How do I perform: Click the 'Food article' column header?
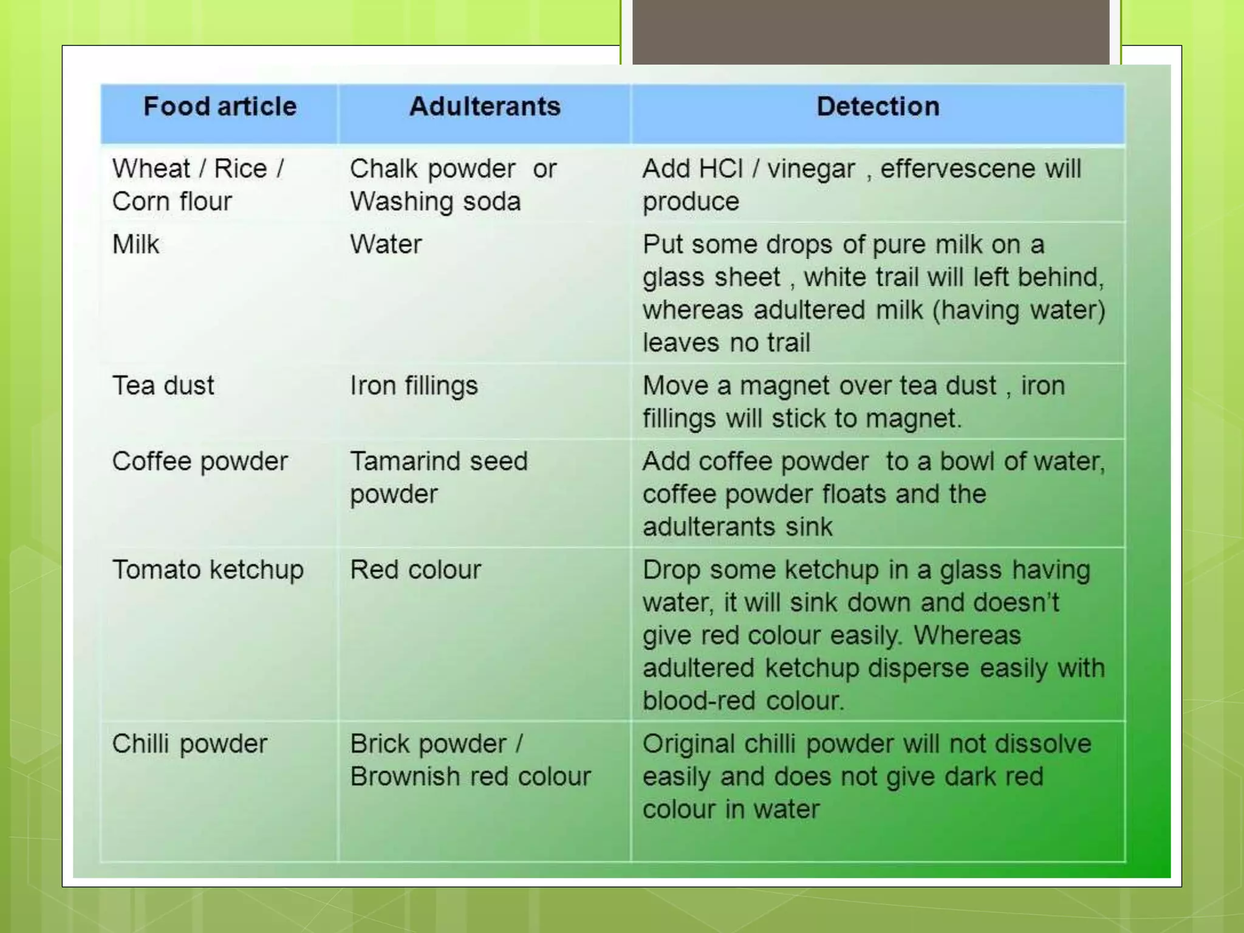[220, 107]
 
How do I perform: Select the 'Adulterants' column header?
[485, 107]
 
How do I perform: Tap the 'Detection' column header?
[878, 107]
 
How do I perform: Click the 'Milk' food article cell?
[136, 245]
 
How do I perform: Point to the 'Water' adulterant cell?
[386, 245]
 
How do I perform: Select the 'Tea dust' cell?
[163, 386]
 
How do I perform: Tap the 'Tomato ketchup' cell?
[208, 570]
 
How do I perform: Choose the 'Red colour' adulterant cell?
[415, 570]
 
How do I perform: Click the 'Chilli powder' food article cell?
[190, 744]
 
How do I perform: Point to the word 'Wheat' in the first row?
[151, 169]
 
